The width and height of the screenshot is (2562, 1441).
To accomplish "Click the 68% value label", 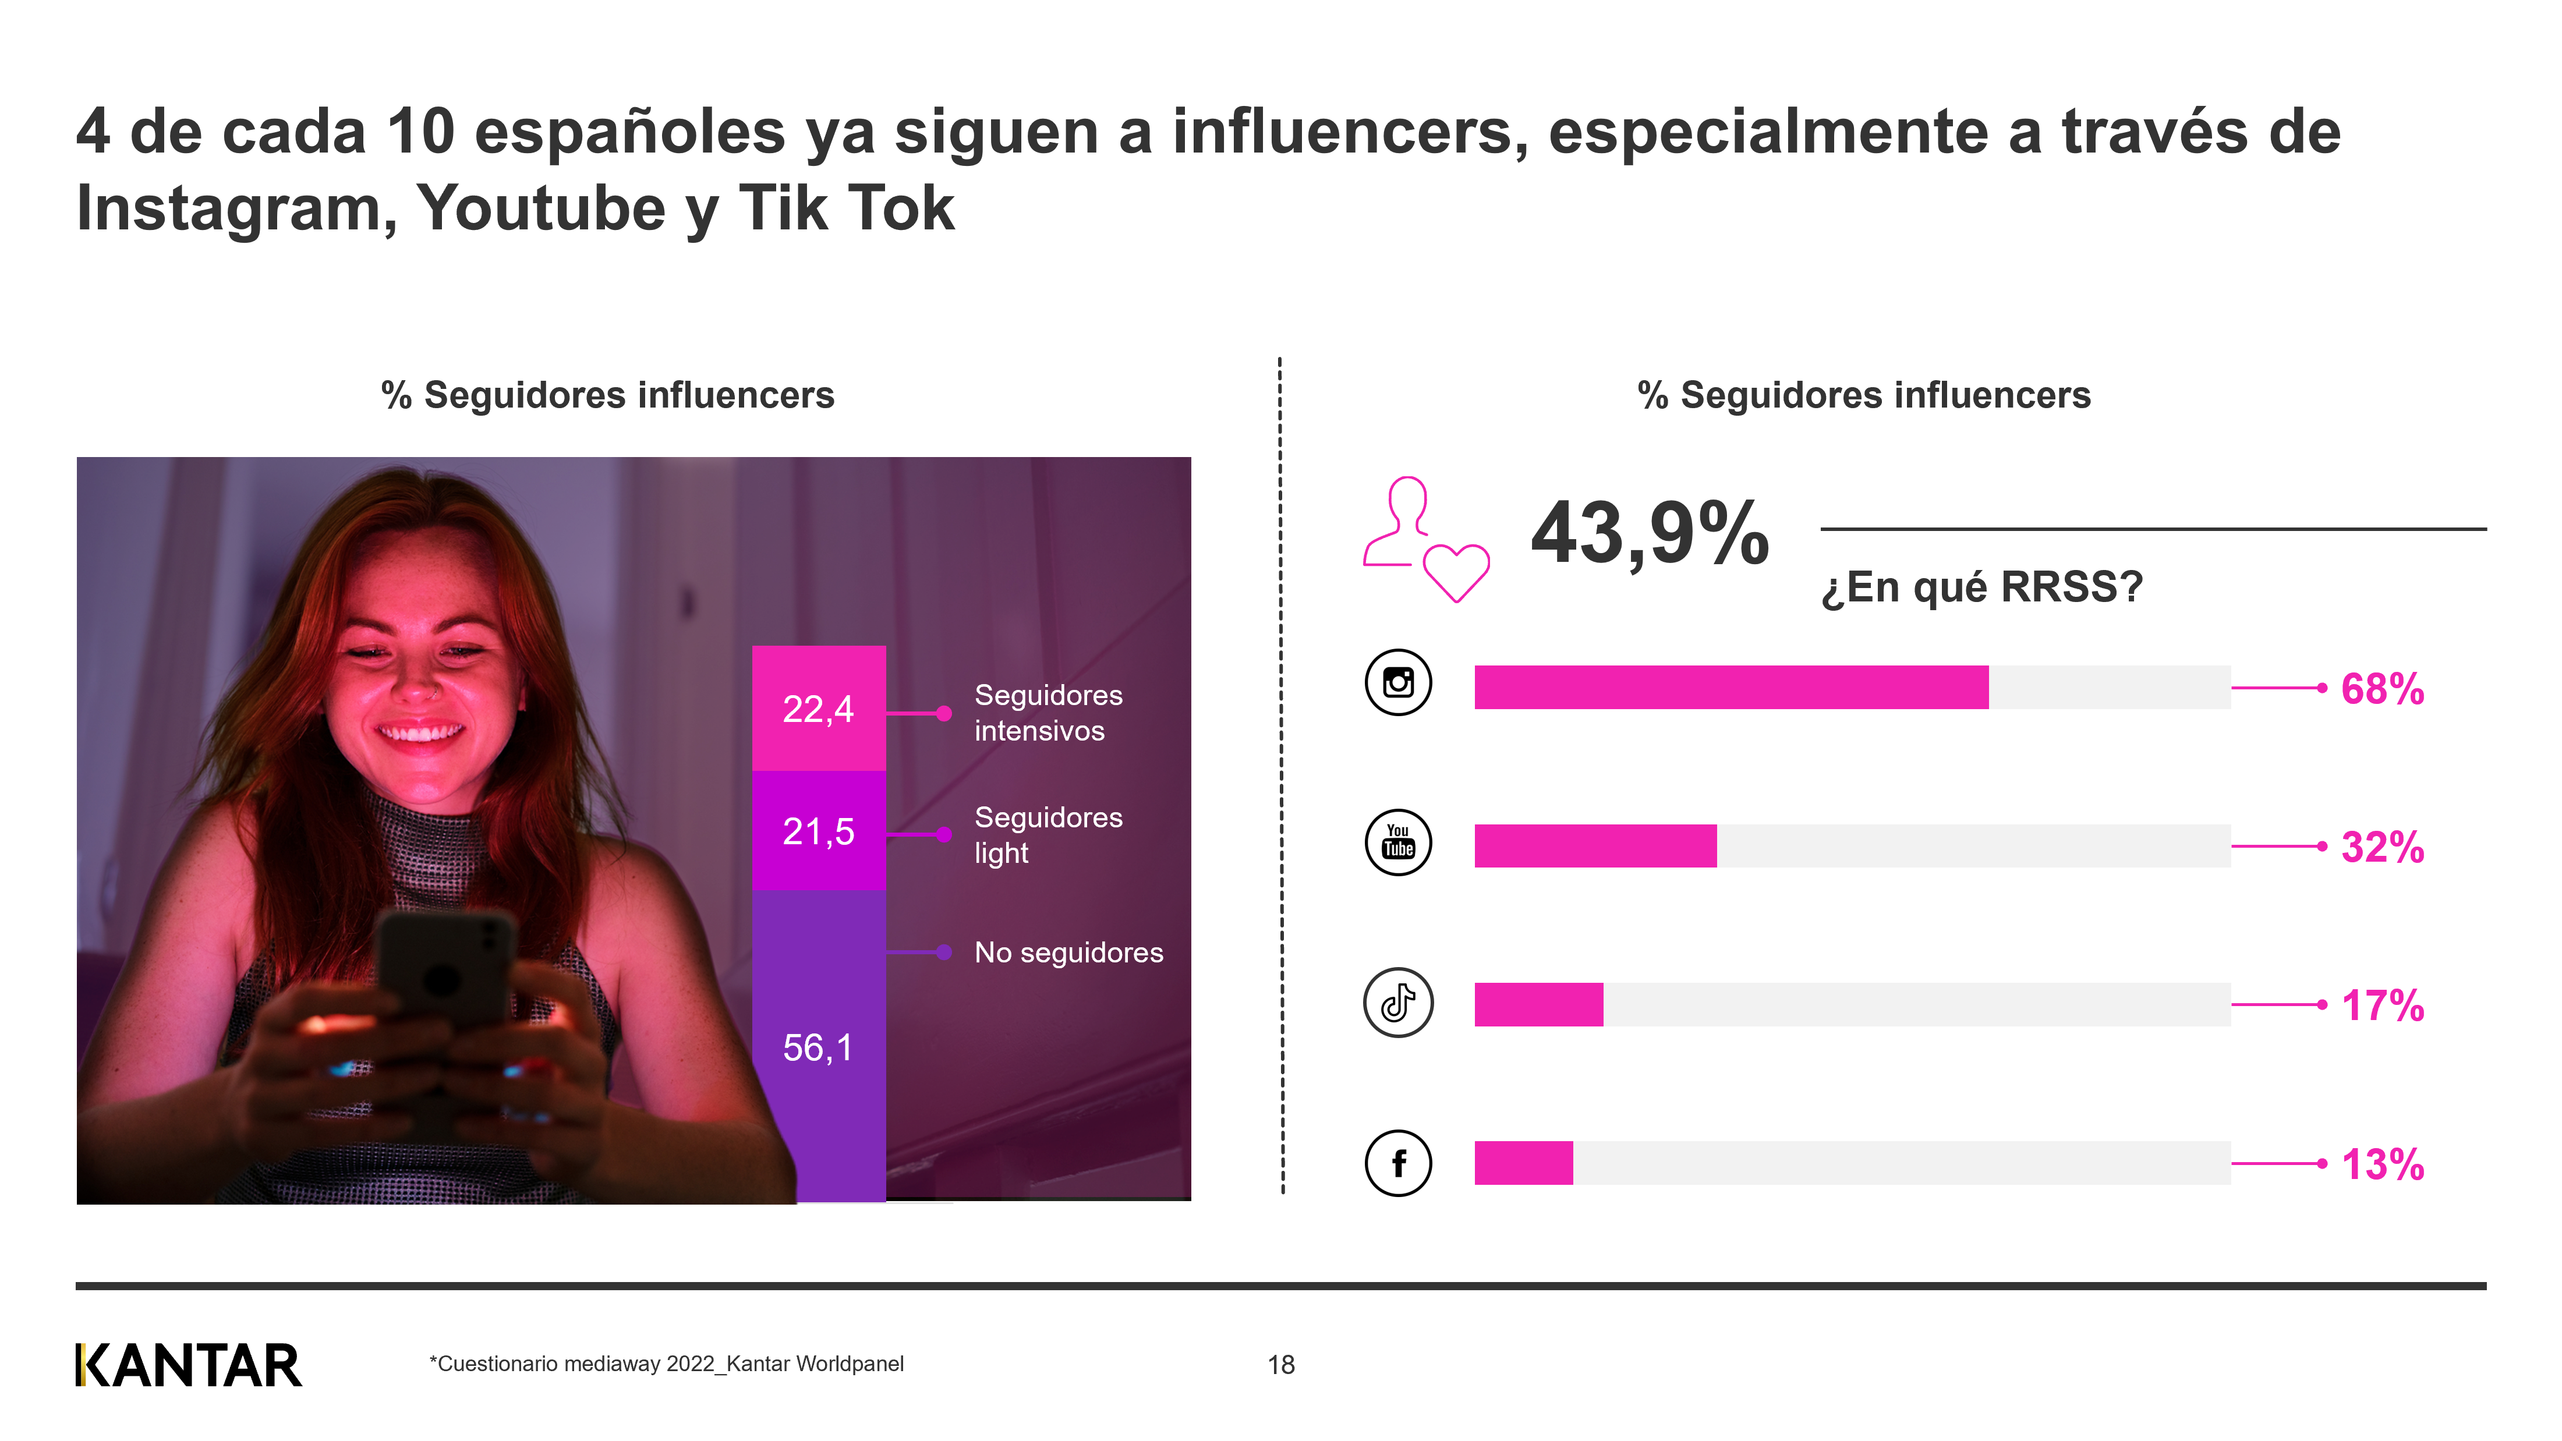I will pos(2382,689).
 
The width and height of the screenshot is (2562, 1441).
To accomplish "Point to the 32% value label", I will pos(2382,847).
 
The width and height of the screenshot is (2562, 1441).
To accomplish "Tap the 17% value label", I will pos(2382,1005).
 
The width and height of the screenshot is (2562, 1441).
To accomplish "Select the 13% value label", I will pos(2382,1164).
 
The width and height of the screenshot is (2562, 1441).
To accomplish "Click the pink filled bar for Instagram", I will pos(1731,687).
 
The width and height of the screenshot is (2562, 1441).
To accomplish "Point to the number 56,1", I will pos(818,1047).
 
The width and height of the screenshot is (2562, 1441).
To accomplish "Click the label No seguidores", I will pos(1068,953).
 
